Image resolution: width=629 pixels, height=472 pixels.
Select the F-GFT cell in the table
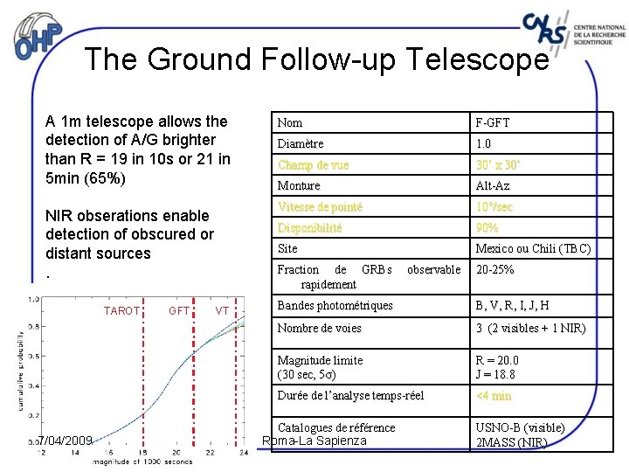(x=493, y=122)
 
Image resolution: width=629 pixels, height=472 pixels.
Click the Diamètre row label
(x=301, y=143)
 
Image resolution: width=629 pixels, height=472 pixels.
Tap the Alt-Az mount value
(x=494, y=185)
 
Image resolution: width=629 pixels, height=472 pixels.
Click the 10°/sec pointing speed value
(x=494, y=207)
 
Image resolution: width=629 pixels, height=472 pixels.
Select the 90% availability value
(x=487, y=227)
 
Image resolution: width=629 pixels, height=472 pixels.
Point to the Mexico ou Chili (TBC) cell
(x=533, y=249)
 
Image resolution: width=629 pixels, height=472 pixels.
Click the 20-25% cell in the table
(x=494, y=270)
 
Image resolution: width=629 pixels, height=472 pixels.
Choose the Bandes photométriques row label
(x=335, y=306)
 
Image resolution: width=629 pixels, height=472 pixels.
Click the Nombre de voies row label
(x=319, y=329)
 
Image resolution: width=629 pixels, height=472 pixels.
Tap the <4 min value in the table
(x=494, y=396)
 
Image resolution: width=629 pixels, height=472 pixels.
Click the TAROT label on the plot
(x=121, y=310)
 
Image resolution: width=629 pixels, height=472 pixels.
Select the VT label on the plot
(x=222, y=310)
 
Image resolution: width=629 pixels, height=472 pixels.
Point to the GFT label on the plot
(x=179, y=310)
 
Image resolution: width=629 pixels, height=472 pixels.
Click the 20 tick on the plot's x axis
(x=176, y=453)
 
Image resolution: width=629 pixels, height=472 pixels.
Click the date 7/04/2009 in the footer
(x=66, y=441)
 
